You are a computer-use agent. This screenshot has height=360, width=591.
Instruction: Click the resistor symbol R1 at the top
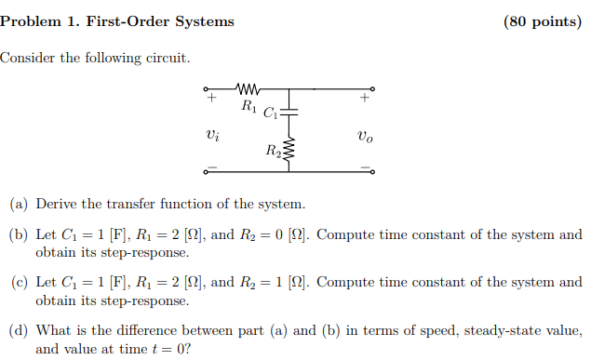click(248, 90)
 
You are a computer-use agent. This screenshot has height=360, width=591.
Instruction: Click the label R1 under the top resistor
click(248, 106)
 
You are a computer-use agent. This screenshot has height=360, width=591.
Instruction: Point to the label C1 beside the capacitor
click(271, 114)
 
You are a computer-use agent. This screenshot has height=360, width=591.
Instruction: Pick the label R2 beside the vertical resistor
click(273, 151)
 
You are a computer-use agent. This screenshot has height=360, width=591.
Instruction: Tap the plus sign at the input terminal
click(212, 97)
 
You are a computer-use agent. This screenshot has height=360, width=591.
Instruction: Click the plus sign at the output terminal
click(366, 97)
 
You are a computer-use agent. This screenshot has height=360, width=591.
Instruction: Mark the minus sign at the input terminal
click(212, 167)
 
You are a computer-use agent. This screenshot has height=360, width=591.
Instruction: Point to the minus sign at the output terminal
click(366, 167)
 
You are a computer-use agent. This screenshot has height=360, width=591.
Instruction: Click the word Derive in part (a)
click(55, 204)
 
